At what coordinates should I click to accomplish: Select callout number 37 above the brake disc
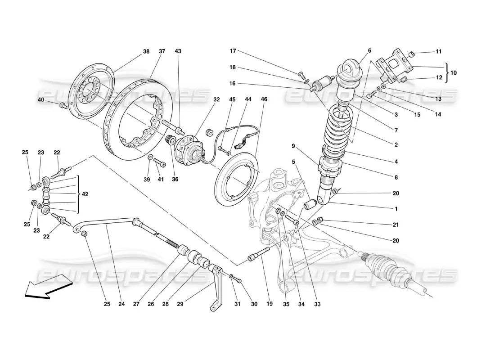[162, 52]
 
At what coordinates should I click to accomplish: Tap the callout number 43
[178, 52]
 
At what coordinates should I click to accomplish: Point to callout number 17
[233, 51]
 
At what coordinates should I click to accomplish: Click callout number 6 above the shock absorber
[369, 51]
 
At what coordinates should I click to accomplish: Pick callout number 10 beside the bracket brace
[454, 72]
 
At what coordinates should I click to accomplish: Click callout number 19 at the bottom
[270, 304]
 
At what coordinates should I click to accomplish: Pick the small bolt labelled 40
[63, 105]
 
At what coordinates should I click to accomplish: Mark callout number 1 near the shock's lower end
[396, 209]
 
